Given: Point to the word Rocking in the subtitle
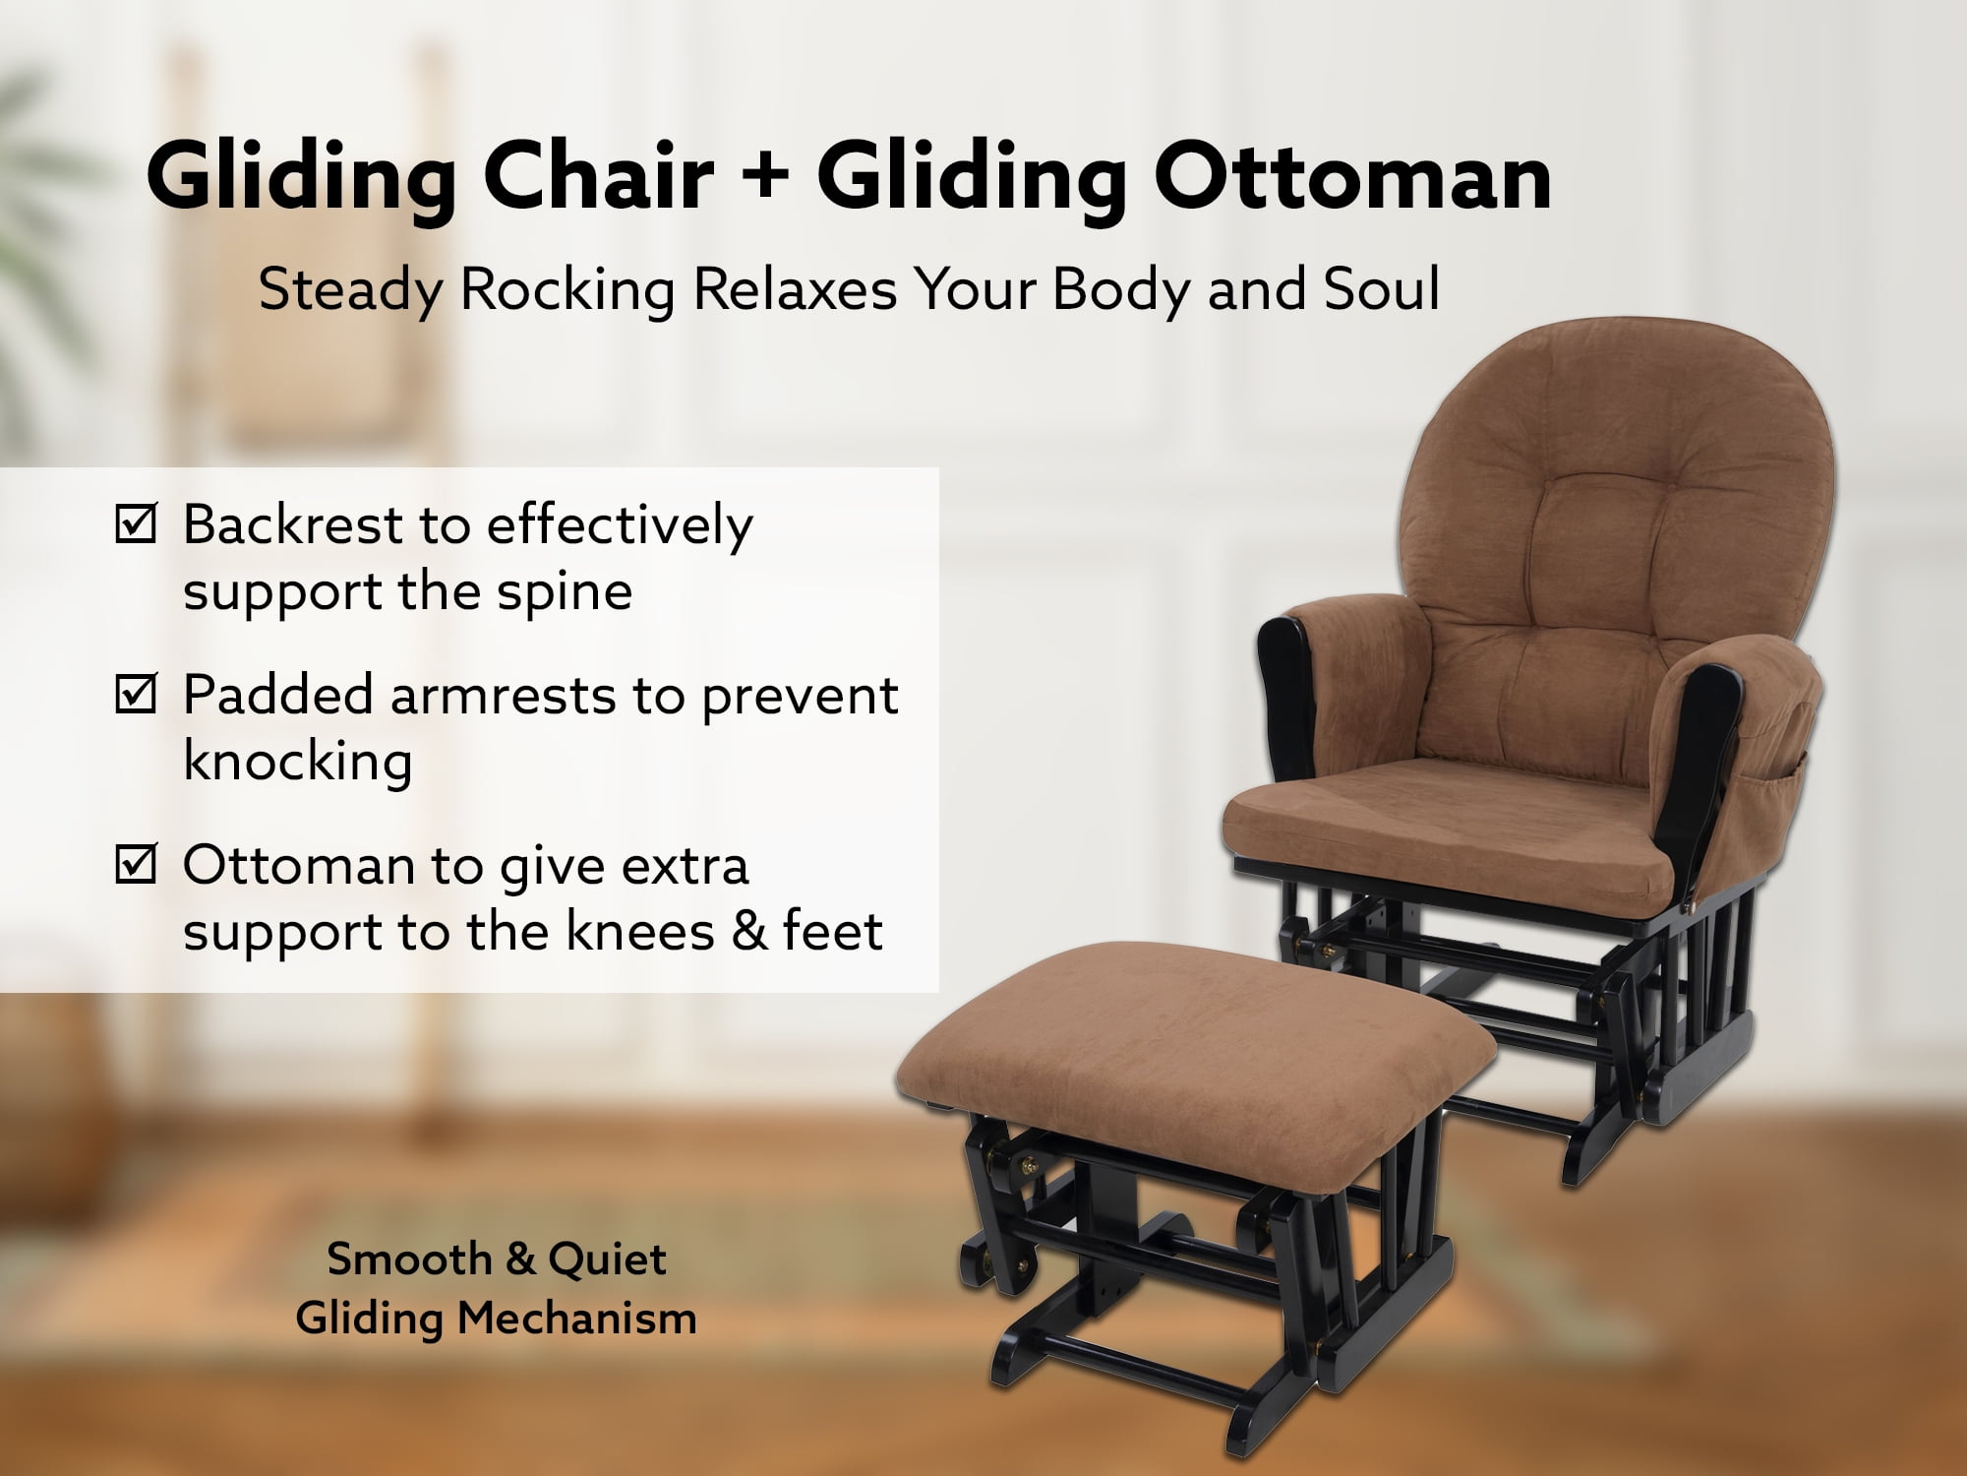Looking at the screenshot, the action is pos(567,291).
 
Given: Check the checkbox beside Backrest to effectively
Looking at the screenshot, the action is pos(136,523).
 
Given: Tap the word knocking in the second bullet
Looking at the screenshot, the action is pos(298,763).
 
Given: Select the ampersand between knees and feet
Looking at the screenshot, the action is pos(748,931).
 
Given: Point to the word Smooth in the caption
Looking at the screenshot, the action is pos(409,1260).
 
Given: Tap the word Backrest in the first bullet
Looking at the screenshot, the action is pos(293,524).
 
